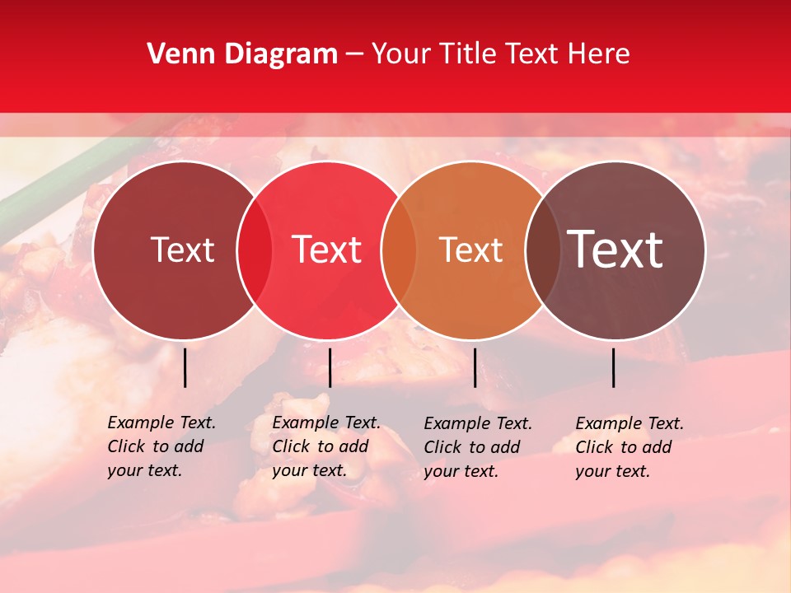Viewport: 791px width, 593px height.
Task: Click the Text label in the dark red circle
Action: point(182,250)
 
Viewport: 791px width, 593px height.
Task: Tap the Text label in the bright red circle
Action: point(326,250)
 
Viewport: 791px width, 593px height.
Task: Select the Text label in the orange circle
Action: point(470,250)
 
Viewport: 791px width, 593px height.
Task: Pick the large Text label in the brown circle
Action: point(615,250)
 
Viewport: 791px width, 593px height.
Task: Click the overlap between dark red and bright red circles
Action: point(255,250)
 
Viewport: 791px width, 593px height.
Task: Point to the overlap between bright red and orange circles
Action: point(399,250)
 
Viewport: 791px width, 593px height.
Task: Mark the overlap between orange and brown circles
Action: point(543,250)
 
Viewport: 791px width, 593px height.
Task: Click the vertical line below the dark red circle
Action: point(185,367)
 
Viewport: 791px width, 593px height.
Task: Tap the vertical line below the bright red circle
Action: point(330,367)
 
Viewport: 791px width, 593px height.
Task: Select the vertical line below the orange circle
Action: point(475,367)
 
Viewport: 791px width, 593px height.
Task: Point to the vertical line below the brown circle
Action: point(614,367)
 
